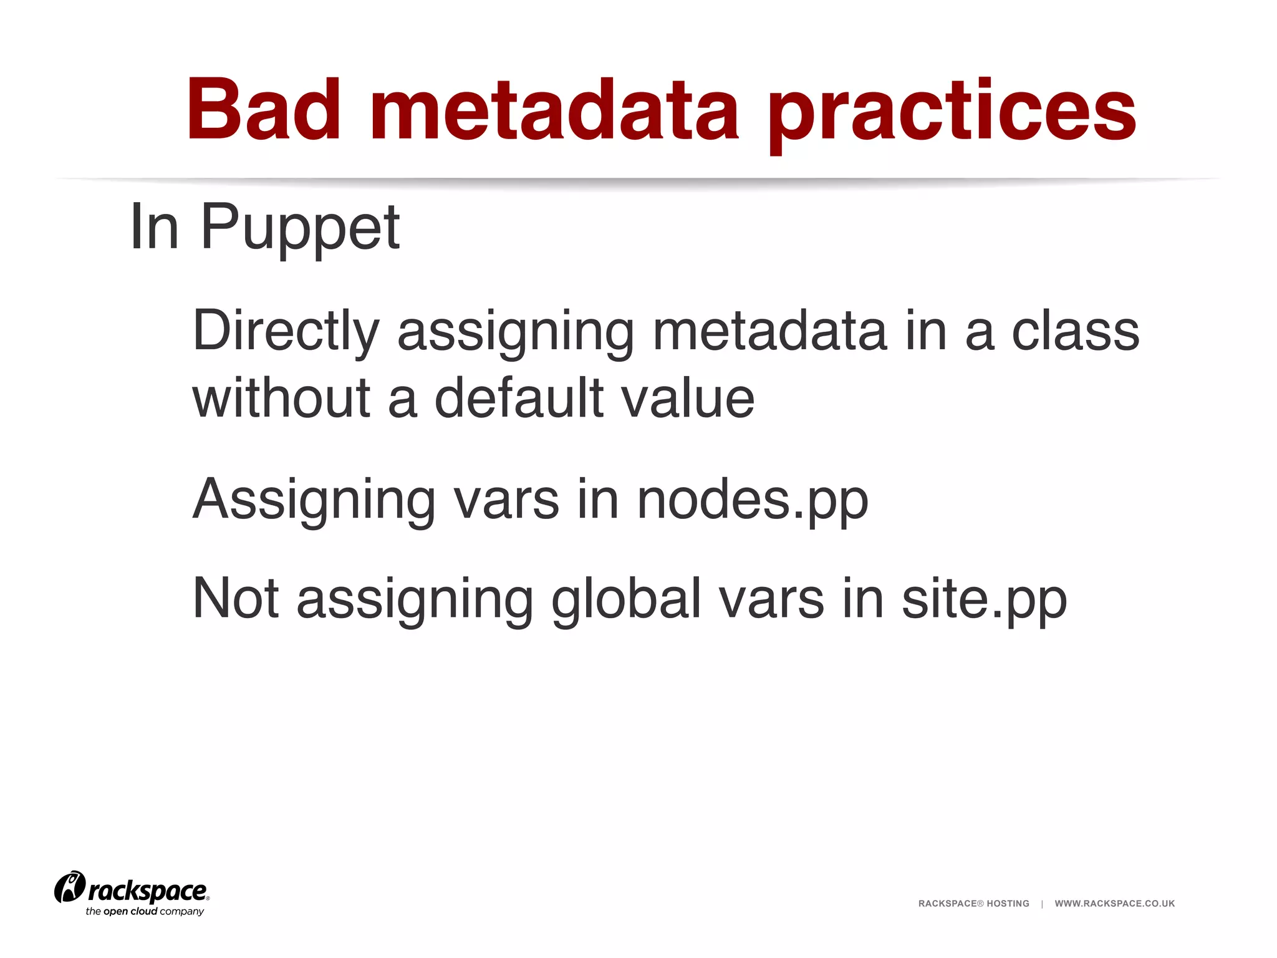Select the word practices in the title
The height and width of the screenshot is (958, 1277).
952,112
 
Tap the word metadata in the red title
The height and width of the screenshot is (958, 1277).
554,110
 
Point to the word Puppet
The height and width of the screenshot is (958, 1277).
300,228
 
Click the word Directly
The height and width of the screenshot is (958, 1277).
286,332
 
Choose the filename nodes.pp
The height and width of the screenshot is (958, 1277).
752,501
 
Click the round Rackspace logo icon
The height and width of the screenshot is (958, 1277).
69,886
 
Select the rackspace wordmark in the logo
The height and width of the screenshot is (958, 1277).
148,891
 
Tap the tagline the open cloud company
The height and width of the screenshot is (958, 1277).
145,911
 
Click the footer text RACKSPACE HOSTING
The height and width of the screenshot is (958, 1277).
973,903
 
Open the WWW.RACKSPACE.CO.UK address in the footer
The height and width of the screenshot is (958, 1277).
1114,903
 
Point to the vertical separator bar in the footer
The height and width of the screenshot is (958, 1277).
1042,903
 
